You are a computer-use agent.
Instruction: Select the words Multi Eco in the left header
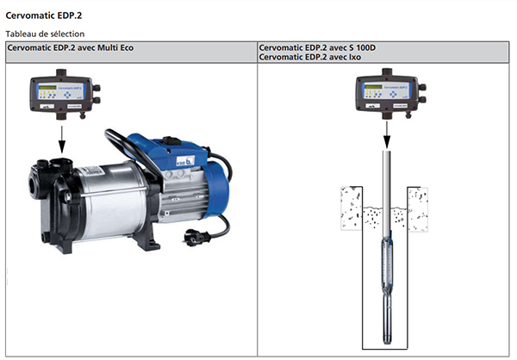pos(114,47)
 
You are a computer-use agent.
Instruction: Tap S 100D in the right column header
pos(353,47)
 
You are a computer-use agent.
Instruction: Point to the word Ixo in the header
pos(351,56)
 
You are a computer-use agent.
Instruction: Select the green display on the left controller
pos(49,89)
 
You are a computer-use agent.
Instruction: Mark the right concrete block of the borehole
pos(418,206)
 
